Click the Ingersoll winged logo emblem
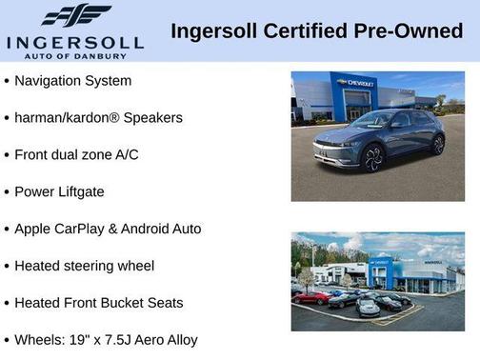point(76,15)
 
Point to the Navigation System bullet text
point(72,81)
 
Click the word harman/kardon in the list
point(56,118)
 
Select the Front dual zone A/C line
point(76,154)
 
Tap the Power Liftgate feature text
point(59,191)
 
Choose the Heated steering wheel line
point(84,266)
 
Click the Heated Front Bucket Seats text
point(99,303)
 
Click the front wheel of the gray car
point(373,158)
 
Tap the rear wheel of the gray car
point(437,145)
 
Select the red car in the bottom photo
point(311,297)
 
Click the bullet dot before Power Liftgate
point(7,191)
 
